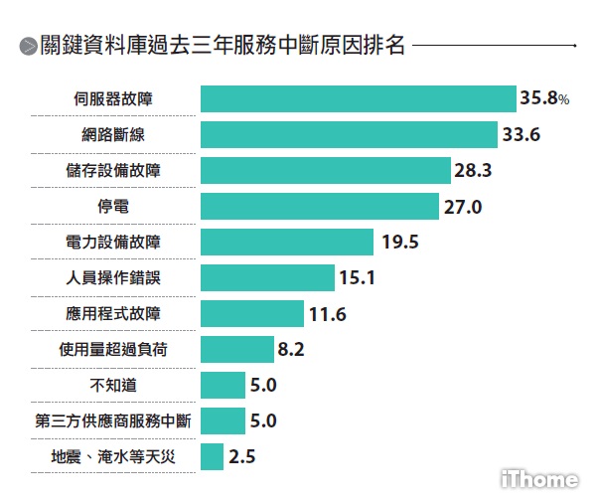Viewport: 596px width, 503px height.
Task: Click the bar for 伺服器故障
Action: [358, 98]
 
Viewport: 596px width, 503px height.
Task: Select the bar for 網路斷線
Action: [349, 134]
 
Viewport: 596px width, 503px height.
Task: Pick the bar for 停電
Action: [319, 206]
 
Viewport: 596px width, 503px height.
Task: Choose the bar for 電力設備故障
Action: [287, 242]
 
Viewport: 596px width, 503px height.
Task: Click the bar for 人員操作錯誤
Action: [267, 277]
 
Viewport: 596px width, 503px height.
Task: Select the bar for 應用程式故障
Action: [252, 313]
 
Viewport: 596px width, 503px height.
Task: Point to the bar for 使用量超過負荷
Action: [236, 349]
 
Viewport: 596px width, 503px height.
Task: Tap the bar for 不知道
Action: [223, 385]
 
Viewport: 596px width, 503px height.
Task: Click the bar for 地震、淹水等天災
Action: [212, 456]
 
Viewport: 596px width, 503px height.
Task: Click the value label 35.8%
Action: [543, 98]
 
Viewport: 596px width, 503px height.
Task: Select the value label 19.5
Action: [396, 242]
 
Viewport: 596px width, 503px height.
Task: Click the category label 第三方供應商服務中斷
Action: [112, 420]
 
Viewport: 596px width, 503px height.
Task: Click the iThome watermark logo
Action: [537, 479]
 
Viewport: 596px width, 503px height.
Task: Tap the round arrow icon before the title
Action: [28, 47]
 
